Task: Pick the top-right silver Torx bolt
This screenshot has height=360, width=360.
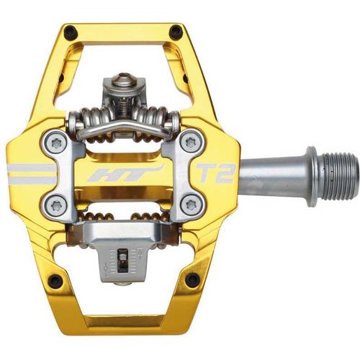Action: (x=191, y=143)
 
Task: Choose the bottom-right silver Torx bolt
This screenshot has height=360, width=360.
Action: (x=191, y=206)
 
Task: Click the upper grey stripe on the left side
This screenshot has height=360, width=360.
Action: (x=29, y=167)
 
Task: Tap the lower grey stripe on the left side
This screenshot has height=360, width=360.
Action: (x=29, y=180)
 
